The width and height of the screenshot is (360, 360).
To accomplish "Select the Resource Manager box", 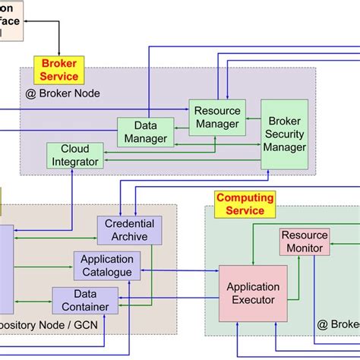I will click(x=216, y=117).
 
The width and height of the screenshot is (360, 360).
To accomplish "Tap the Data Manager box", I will click(x=146, y=131).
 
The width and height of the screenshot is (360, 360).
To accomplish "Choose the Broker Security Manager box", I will click(x=284, y=134).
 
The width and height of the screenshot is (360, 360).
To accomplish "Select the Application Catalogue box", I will click(x=107, y=264).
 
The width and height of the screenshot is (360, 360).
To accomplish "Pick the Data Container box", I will click(x=90, y=300).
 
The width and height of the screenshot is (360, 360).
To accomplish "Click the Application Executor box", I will click(x=252, y=293).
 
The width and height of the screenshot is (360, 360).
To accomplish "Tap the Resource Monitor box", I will click(x=304, y=242).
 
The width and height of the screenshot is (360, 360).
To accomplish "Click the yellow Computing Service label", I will click(x=245, y=204).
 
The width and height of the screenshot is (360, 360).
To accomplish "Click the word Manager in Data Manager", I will click(x=146, y=138).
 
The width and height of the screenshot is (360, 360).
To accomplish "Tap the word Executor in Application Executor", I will click(x=252, y=300).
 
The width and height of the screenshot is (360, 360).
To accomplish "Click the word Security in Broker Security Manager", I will click(x=284, y=134).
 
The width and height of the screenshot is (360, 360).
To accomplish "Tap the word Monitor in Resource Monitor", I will click(x=304, y=248).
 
